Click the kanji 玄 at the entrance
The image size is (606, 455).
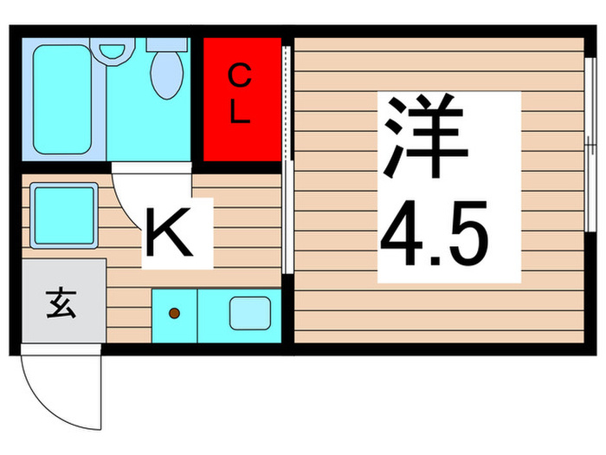click(x=59, y=306)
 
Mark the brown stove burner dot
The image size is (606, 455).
click(x=174, y=313)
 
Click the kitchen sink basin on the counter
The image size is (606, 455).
click(x=248, y=314)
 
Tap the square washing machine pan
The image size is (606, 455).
click(x=62, y=215)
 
